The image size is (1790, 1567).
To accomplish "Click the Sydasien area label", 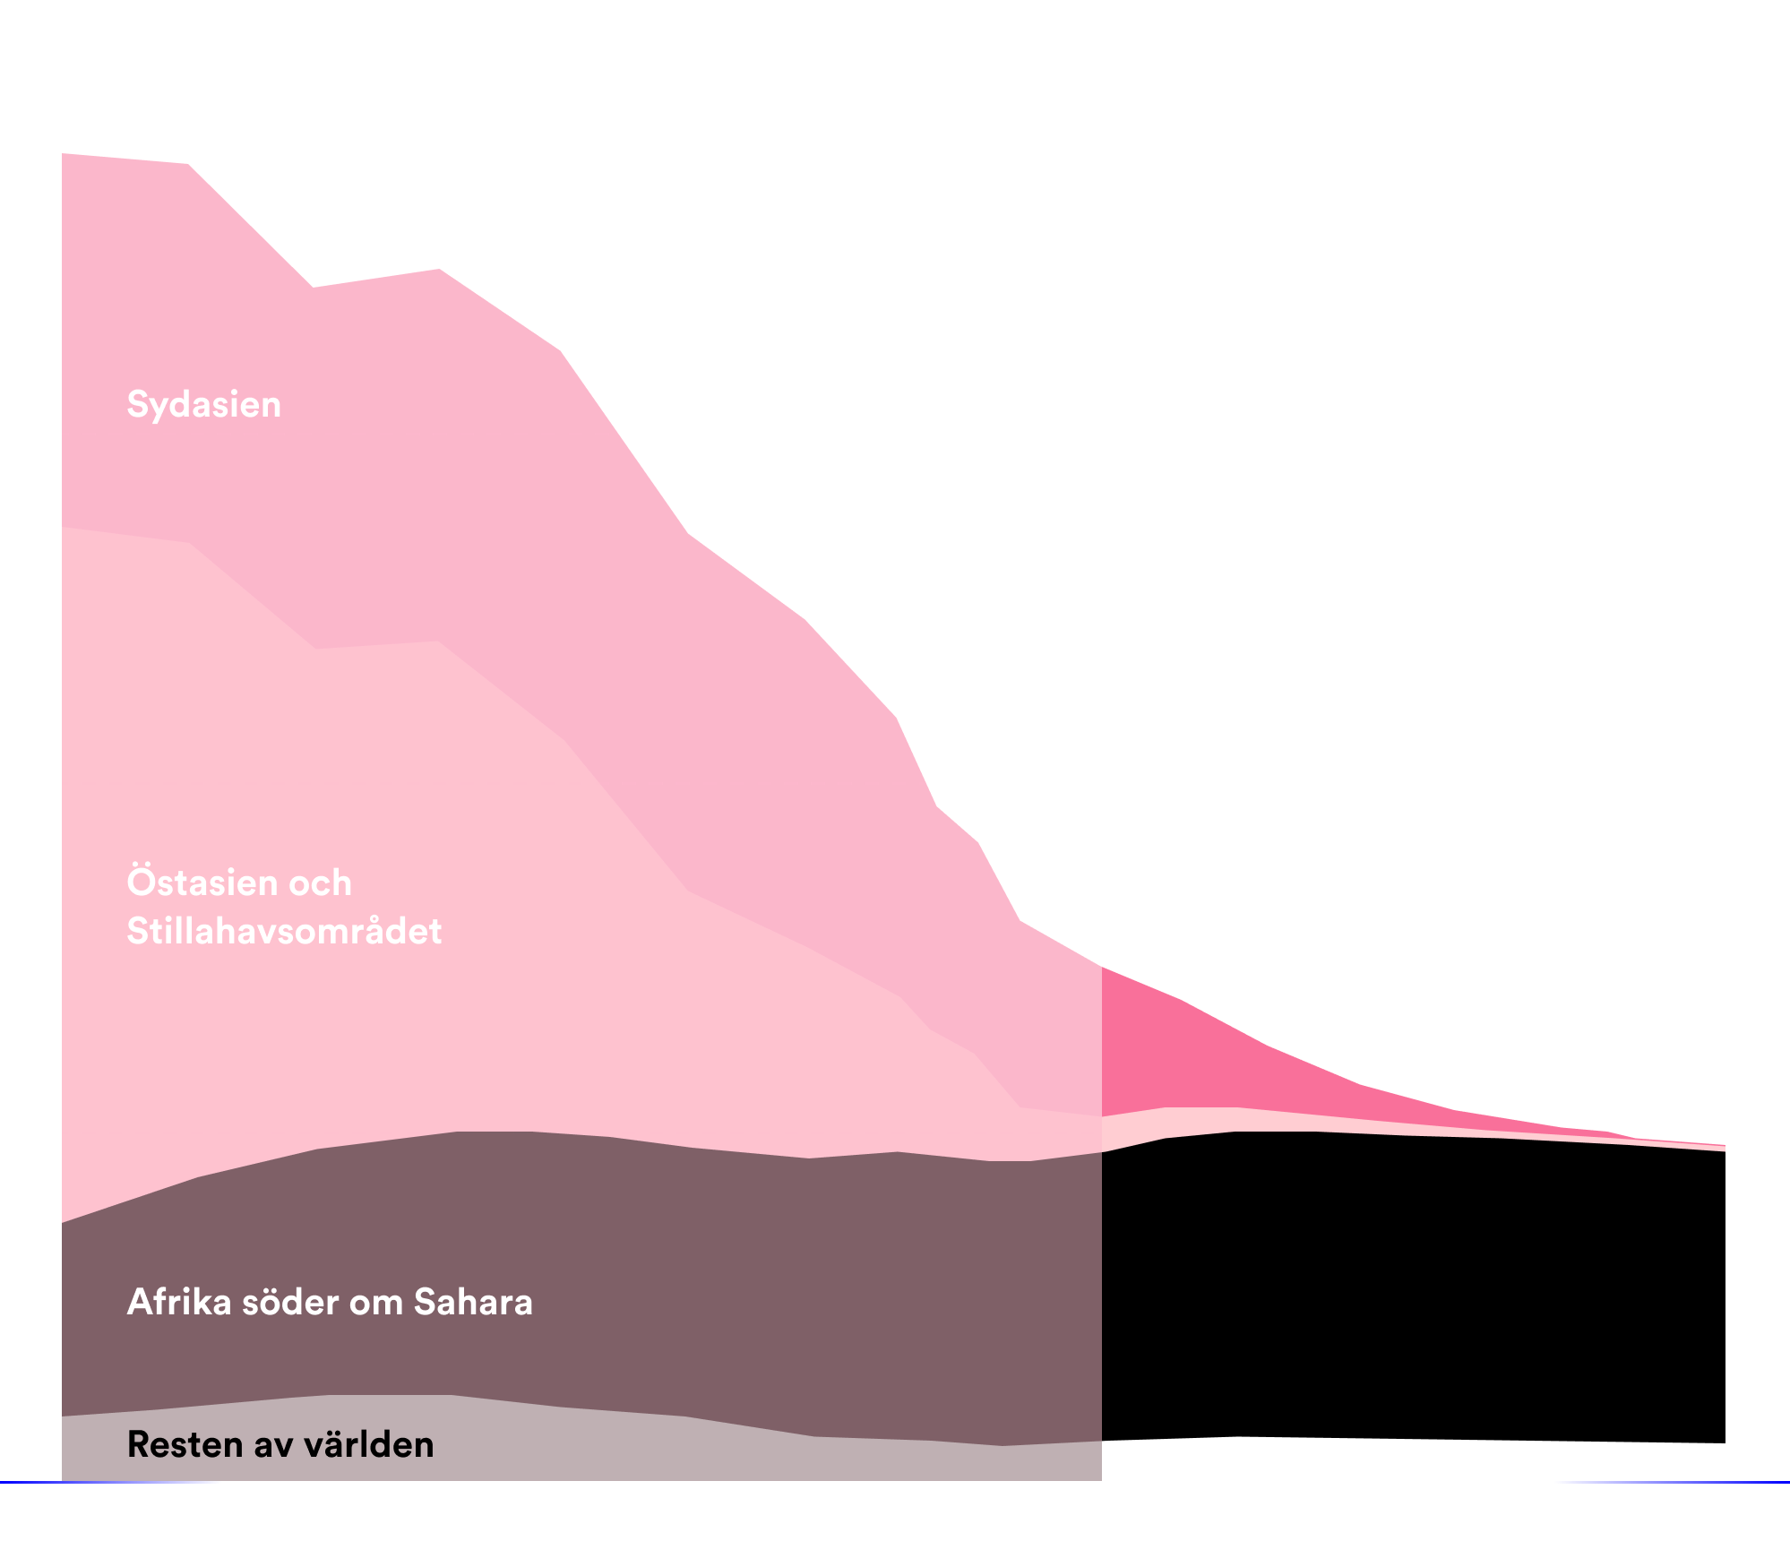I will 204,404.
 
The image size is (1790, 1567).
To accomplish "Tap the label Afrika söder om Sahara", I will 330,1302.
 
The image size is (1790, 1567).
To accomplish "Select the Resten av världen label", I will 280,1444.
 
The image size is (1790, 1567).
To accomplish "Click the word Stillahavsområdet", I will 284,931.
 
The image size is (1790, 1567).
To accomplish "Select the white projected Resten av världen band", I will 1412,1460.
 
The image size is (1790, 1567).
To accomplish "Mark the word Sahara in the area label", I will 473,1302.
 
